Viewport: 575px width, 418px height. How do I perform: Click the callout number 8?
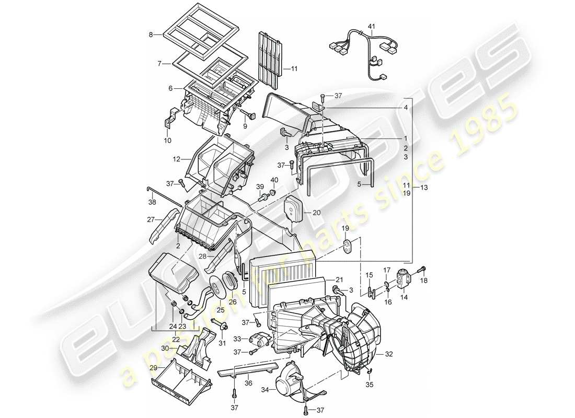(x=151, y=35)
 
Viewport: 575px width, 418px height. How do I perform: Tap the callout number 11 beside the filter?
(x=294, y=68)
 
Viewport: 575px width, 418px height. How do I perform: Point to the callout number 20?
(x=317, y=213)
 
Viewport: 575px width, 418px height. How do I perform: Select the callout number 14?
(x=404, y=297)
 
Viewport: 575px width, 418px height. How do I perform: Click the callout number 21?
(x=339, y=280)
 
